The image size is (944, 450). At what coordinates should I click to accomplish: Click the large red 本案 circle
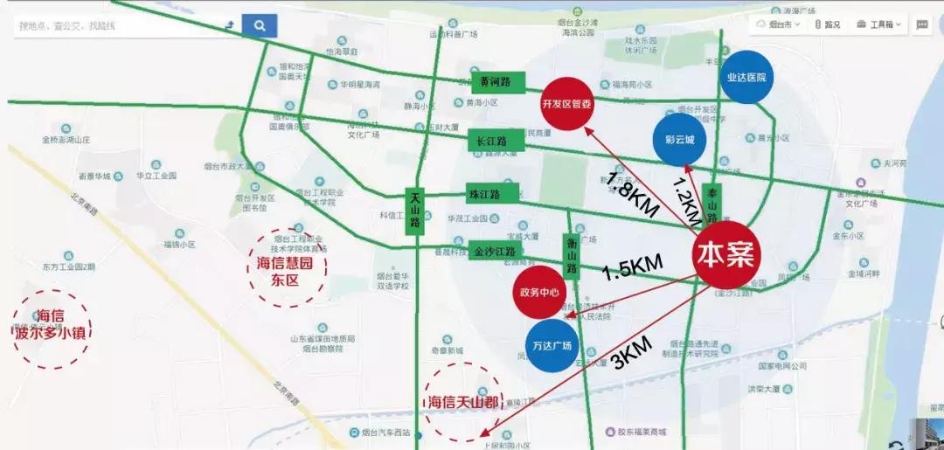click(x=726, y=253)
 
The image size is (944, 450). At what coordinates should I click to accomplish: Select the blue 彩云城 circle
click(x=679, y=140)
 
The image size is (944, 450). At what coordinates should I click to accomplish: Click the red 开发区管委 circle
click(x=567, y=103)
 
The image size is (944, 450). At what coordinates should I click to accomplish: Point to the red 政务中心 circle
click(x=538, y=293)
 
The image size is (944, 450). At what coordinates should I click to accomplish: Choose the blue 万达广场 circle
click(x=551, y=346)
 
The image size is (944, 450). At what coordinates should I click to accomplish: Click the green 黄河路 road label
click(x=496, y=82)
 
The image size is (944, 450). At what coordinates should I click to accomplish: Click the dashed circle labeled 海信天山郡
click(x=463, y=402)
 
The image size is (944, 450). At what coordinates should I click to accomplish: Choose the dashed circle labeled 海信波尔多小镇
click(x=52, y=326)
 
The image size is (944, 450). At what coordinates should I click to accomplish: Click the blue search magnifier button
click(x=260, y=26)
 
